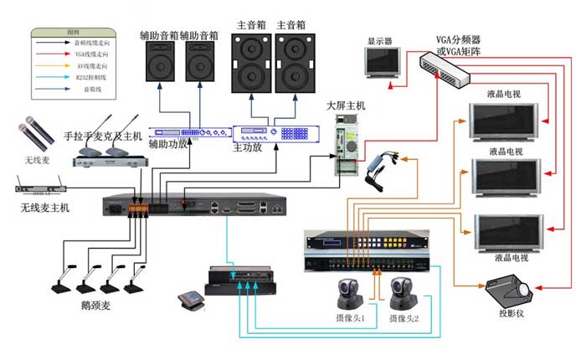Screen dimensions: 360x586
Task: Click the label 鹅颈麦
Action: click(95, 306)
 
